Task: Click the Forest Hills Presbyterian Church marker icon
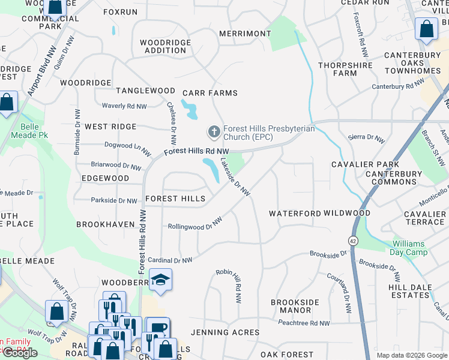point(213,131)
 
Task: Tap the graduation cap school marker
point(160,280)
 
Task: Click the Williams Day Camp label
point(408,248)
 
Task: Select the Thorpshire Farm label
point(337,69)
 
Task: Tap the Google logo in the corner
point(20,353)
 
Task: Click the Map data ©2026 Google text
point(411,355)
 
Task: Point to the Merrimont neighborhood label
point(245,34)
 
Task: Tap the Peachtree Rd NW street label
point(304,323)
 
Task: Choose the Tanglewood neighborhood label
point(145,91)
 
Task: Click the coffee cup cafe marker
point(158,328)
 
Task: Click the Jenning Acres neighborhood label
point(225,332)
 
